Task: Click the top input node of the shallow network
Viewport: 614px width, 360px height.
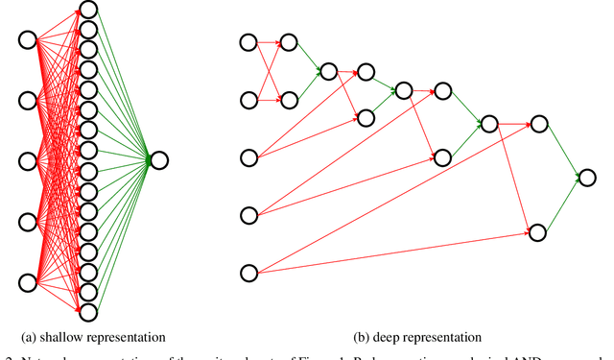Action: [28, 40]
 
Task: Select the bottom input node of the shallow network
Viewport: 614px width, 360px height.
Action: [28, 282]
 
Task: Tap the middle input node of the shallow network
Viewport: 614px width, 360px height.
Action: [28, 161]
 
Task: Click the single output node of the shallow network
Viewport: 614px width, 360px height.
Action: [158, 160]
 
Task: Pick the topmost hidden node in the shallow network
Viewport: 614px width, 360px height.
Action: [88, 10]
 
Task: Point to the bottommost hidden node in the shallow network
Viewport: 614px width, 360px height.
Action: [88, 311]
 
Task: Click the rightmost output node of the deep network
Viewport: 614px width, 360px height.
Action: [587, 177]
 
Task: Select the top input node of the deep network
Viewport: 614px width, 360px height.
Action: [248, 42]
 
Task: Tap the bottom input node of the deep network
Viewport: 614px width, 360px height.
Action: [248, 274]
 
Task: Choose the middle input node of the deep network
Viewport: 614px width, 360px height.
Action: [248, 157]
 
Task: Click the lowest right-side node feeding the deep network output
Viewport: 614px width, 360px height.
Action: [538, 232]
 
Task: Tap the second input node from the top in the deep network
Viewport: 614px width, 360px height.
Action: [248, 99]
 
